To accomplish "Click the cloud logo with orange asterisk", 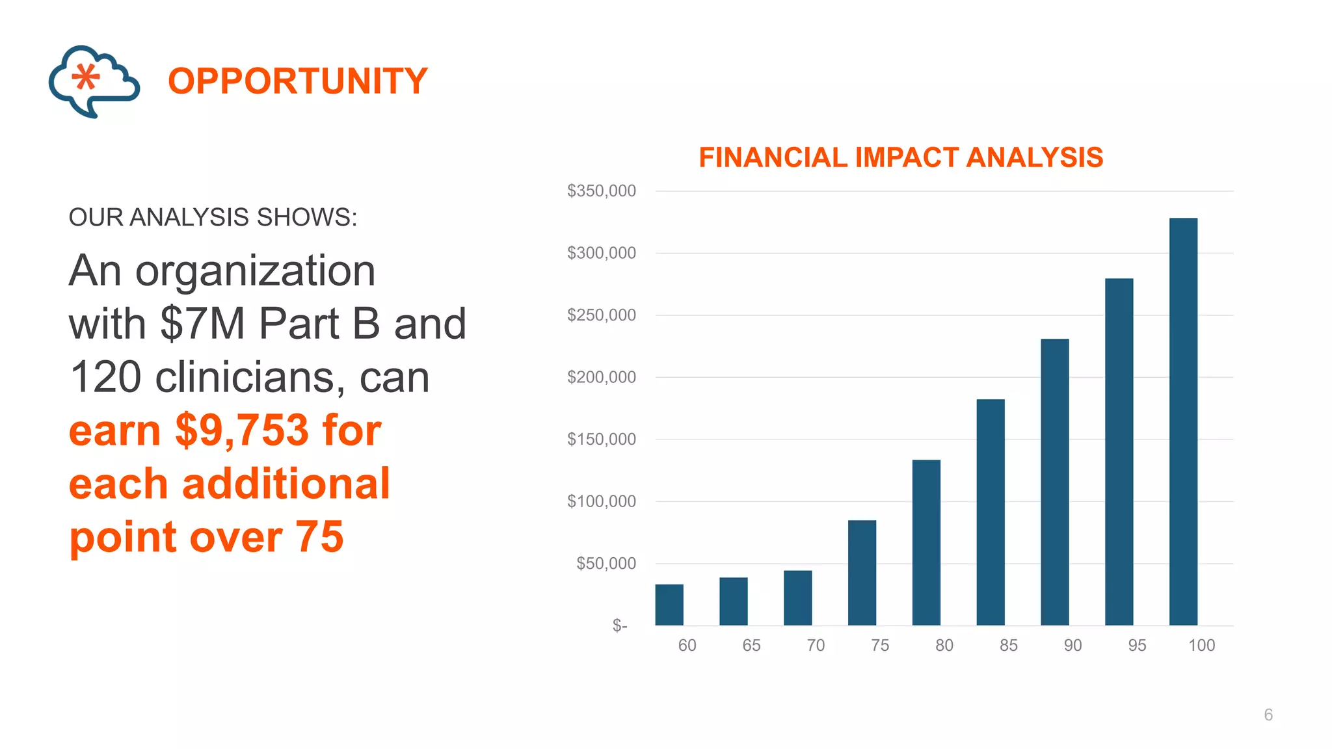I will pyautogui.click(x=94, y=81).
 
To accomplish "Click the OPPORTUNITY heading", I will pyautogui.click(x=298, y=81).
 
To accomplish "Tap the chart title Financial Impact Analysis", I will pyautogui.click(x=900, y=157).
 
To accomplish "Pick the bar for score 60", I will pyautogui.click(x=669, y=605).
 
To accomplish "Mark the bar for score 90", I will pyautogui.click(x=1054, y=482).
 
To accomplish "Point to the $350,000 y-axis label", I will pyautogui.click(x=601, y=191).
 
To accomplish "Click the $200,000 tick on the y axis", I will pyautogui.click(x=601, y=377).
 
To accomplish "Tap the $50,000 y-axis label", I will pyautogui.click(x=606, y=563).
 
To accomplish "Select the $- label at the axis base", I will pyautogui.click(x=619, y=625).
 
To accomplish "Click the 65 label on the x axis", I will pyautogui.click(x=751, y=646).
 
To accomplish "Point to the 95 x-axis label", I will pyautogui.click(x=1137, y=646).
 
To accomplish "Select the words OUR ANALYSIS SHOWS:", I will pyautogui.click(x=213, y=217).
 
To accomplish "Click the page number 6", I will pyautogui.click(x=1268, y=715).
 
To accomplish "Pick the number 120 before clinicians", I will pyautogui.click(x=105, y=377).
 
